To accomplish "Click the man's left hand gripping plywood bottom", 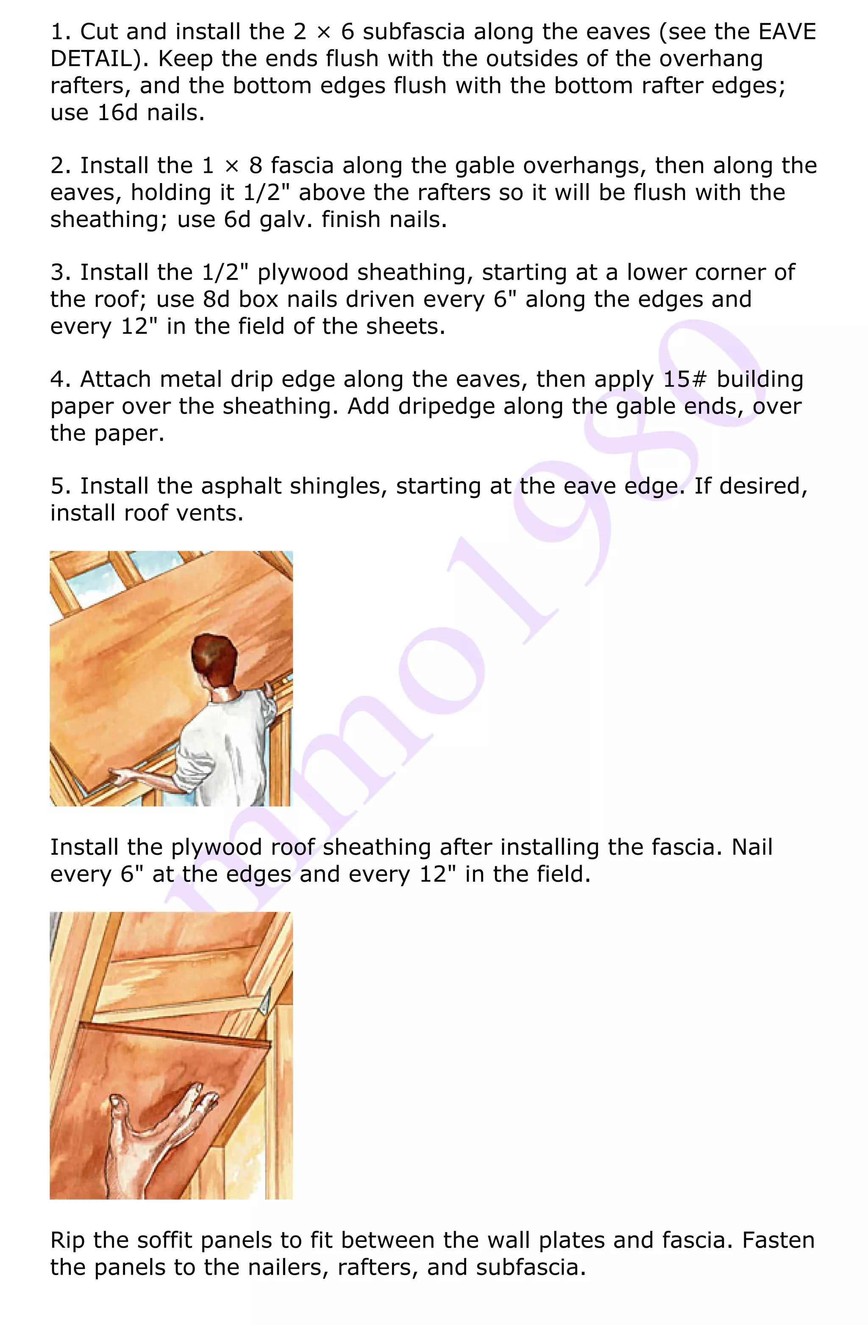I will [122, 775].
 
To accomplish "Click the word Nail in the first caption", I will [751, 847].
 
